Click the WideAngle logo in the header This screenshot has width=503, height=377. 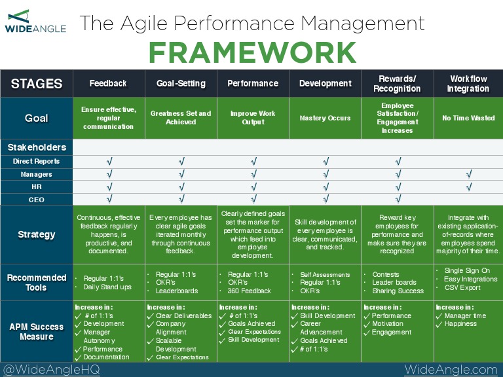(x=35, y=22)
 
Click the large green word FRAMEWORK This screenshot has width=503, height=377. (x=252, y=52)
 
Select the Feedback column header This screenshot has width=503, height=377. (x=109, y=83)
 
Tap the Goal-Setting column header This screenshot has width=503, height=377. (x=181, y=83)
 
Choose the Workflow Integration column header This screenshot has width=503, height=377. (x=468, y=83)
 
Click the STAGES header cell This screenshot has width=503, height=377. (x=37, y=84)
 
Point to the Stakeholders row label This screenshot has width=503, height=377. (x=37, y=147)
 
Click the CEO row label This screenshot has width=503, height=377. (x=37, y=200)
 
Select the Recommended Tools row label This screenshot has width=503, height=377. (x=37, y=282)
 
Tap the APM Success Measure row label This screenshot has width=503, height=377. (x=37, y=331)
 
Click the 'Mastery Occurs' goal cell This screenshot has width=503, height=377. (x=325, y=118)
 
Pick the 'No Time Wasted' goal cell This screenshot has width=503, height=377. (x=468, y=118)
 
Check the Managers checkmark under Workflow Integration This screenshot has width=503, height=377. (x=468, y=174)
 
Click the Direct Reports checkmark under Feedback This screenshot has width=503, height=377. (x=109, y=161)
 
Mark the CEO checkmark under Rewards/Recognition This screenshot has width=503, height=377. (x=397, y=200)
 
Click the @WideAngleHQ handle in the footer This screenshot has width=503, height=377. (x=44, y=370)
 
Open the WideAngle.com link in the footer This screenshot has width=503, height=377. (x=451, y=370)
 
